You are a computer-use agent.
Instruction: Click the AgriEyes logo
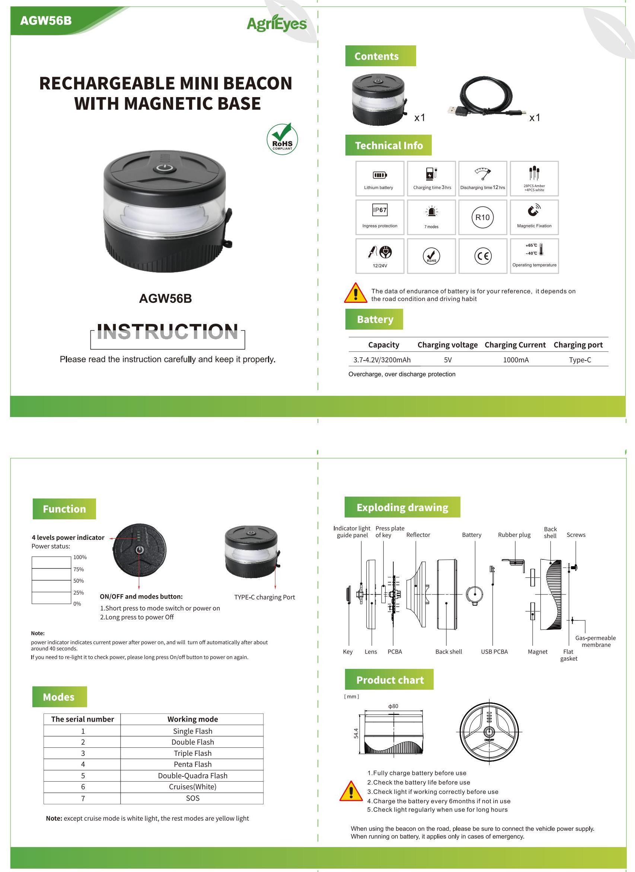pos(277,24)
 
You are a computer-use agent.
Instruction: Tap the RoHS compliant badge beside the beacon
pos(282,139)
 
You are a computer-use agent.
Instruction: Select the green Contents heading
pos(380,56)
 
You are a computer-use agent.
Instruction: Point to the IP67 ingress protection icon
pos(380,210)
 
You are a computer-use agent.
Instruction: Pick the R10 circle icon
pos(482,217)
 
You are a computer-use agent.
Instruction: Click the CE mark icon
pos(483,256)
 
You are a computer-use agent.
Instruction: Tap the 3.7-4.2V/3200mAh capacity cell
pos(382,360)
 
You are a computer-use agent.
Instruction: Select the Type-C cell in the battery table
pos(580,360)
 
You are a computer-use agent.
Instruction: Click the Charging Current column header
pos(515,345)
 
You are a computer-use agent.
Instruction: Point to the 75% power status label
pos(79,570)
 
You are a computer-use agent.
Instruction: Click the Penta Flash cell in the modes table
pos(192,764)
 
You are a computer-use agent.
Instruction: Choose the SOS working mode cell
pos(192,798)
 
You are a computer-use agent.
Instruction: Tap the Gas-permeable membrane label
pos(596,641)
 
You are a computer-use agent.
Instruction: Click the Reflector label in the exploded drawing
pos(418,535)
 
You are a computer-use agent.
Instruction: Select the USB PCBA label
pos(494,652)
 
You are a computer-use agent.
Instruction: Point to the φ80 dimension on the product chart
pos(393,706)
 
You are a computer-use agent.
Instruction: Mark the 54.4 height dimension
pos(356,733)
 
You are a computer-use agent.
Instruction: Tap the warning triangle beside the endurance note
pos(355,293)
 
